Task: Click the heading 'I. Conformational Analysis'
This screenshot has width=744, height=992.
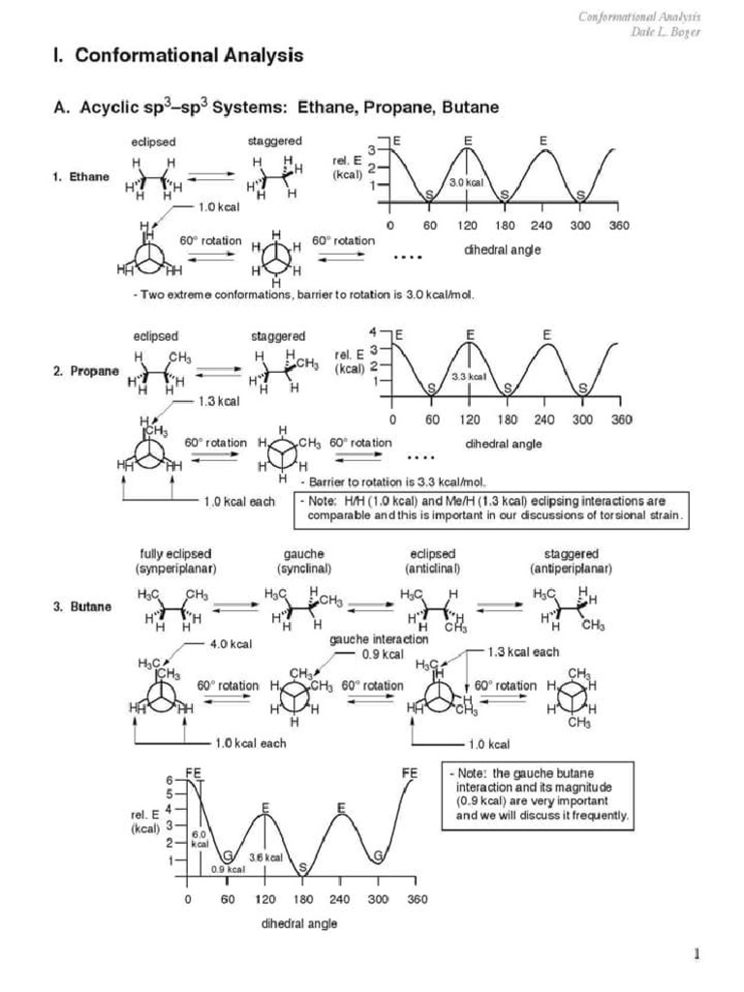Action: pyautogui.click(x=177, y=56)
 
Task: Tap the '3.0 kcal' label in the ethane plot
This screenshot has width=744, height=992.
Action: pyautogui.click(x=466, y=183)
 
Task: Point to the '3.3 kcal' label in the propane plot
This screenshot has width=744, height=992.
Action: pyautogui.click(x=469, y=375)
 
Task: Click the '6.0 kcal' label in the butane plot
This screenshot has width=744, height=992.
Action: pyautogui.click(x=199, y=838)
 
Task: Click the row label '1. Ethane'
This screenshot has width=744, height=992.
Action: pyautogui.click(x=81, y=177)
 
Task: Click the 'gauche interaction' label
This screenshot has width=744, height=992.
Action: pyautogui.click(x=379, y=639)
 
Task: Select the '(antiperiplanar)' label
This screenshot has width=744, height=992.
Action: pyautogui.click(x=572, y=567)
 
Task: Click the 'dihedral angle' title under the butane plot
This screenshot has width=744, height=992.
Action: pyautogui.click(x=299, y=923)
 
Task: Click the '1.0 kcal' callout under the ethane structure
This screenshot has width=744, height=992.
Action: pyautogui.click(x=218, y=206)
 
